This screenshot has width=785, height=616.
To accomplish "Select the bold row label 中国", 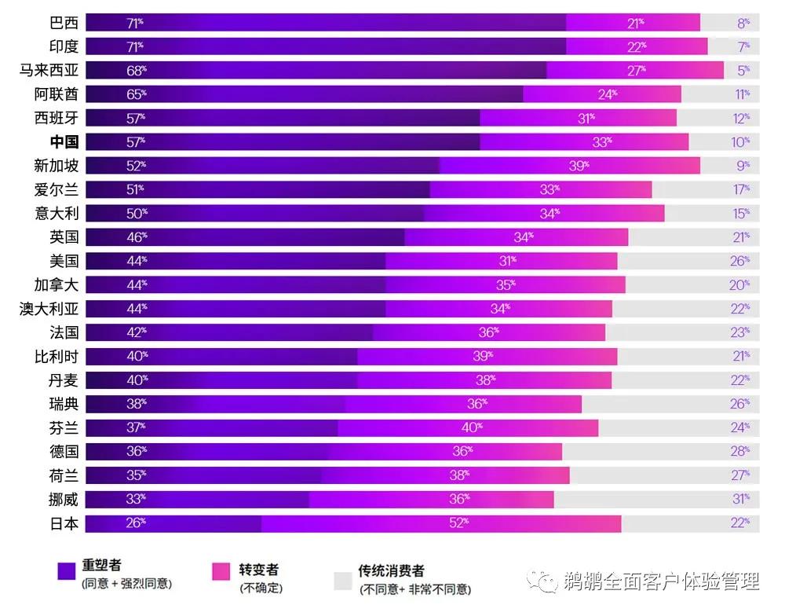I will [64, 142].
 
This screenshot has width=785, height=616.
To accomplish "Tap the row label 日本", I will [64, 523].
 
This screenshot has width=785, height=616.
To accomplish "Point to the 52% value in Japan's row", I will [458, 523].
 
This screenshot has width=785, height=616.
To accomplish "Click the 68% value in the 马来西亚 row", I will [136, 71].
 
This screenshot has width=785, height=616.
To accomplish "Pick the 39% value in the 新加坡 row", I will [579, 166].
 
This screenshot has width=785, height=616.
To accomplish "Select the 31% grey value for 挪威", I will [740, 499].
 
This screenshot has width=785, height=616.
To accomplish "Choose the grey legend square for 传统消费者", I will [342, 580].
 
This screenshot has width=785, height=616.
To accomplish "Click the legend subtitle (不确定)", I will [261, 587].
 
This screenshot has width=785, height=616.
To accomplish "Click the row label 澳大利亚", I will [49, 309].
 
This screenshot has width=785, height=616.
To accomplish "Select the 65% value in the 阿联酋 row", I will [136, 94].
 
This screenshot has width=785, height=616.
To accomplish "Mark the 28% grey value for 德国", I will [740, 452].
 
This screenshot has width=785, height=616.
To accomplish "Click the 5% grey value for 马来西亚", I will [743, 71].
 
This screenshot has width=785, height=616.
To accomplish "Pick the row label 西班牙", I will [56, 118].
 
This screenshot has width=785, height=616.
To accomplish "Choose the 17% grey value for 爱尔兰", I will [740, 189].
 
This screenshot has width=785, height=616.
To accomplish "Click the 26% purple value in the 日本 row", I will [136, 523].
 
